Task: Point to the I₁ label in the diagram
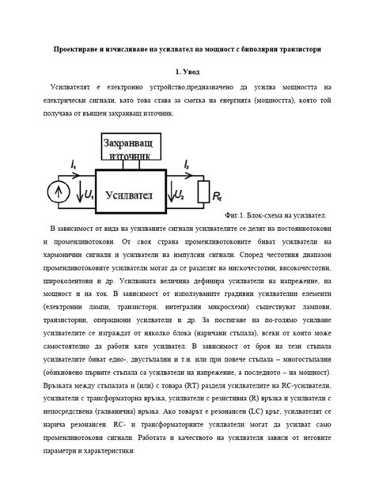74,165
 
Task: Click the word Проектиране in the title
76,49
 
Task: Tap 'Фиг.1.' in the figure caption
236,215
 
